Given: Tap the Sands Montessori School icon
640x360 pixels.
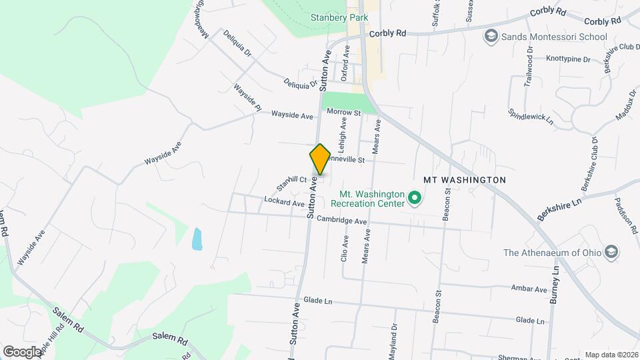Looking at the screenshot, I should pyautogui.click(x=491, y=37).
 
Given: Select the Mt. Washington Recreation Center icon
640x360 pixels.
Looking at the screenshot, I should pyautogui.click(x=414, y=198).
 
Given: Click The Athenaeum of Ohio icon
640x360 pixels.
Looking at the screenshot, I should pyautogui.click(x=611, y=253).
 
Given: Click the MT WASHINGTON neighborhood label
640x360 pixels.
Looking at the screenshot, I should pyautogui.click(x=465, y=180).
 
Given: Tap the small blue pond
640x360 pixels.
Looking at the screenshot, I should pyautogui.click(x=197, y=239).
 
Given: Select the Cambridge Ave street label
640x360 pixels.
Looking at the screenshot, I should pyautogui.click(x=342, y=221).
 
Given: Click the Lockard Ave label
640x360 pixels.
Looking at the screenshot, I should pyautogui.click(x=284, y=201).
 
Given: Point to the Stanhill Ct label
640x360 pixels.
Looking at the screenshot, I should pyautogui.click(x=293, y=180).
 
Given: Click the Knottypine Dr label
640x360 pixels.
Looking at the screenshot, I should pyautogui.click(x=568, y=59).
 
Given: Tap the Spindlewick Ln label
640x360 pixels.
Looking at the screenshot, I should pyautogui.click(x=531, y=117).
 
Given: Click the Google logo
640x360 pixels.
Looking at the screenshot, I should pyautogui.click(x=22, y=351).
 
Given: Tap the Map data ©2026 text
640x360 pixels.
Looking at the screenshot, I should pyautogui.click(x=611, y=355).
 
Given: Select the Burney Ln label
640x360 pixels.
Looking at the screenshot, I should pyautogui.click(x=553, y=285).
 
